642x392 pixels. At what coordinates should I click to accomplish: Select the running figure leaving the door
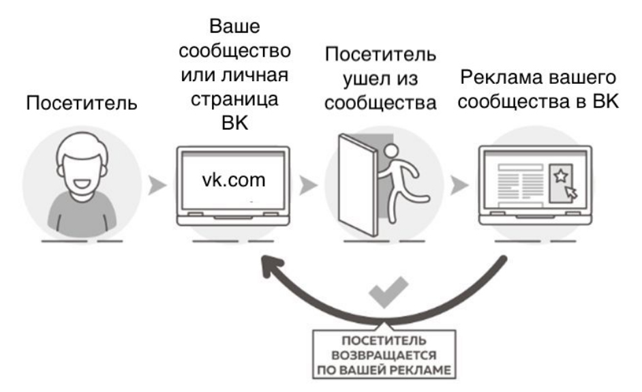click(401, 179)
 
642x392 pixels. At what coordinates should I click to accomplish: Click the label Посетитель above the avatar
click(81, 104)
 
